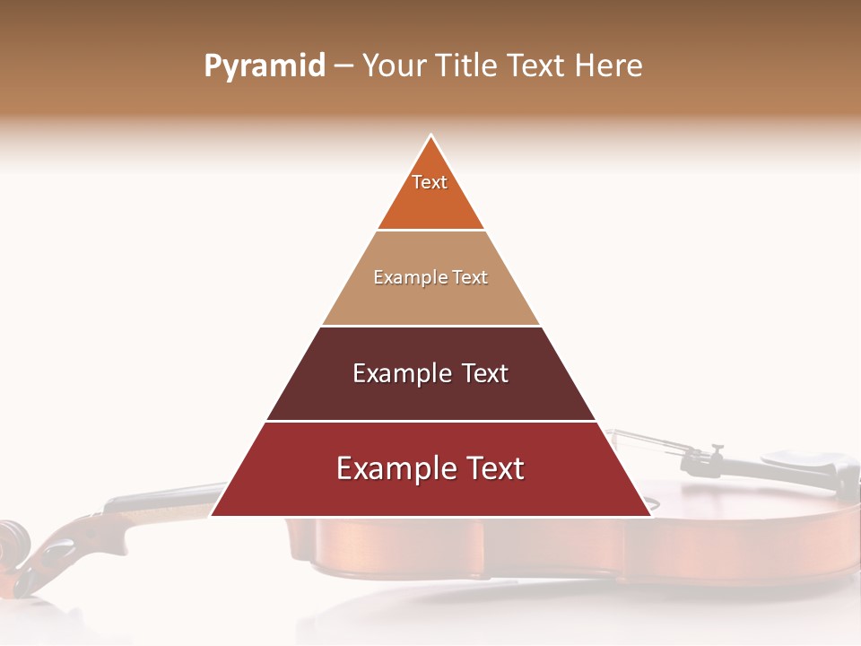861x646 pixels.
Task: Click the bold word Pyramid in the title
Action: tap(265, 66)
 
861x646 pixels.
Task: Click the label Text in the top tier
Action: tap(430, 182)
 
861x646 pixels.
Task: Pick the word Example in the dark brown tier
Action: tap(399, 373)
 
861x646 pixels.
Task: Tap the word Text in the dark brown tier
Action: tap(484, 373)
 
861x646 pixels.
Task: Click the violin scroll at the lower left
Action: tap(13, 543)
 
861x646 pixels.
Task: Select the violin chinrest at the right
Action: tap(807, 467)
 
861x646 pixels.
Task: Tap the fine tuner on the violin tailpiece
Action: tap(716, 452)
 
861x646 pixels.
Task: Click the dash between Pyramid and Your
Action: tap(344, 66)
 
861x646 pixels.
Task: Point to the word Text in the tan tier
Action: tap(469, 278)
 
